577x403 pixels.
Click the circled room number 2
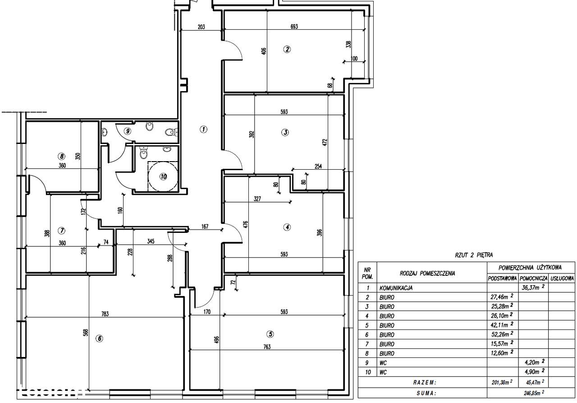(287, 49)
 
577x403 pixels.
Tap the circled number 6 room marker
(99, 338)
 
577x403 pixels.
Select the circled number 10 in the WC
(163, 176)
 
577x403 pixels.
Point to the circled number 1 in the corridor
(203, 129)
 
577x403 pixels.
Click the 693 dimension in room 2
(294, 27)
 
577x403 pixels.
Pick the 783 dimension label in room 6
(105, 314)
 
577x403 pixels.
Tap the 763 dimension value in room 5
(267, 347)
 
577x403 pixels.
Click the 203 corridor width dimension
(201, 27)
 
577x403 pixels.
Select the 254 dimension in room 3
(318, 167)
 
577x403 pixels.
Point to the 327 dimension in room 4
(257, 199)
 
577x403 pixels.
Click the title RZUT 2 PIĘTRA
(474, 255)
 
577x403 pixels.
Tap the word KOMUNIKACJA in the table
(396, 288)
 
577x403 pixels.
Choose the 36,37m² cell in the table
(533, 287)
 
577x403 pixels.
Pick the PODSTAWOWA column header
(502, 278)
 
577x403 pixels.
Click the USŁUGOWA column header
(562, 278)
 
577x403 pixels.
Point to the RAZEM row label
(425, 383)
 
